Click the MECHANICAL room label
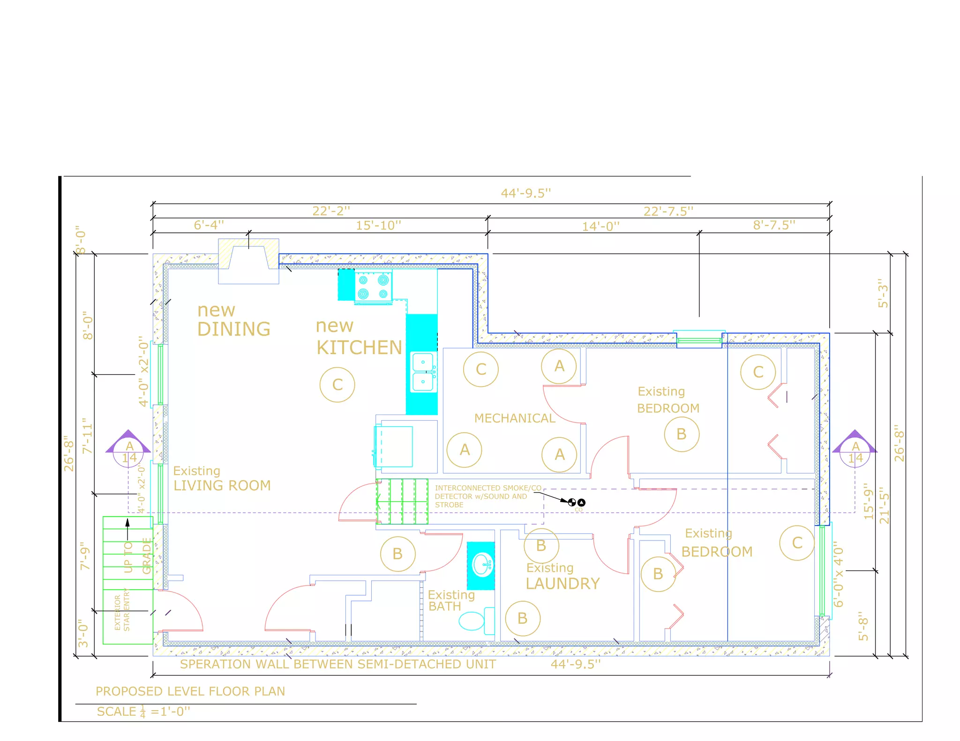point(514,418)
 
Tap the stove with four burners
point(373,287)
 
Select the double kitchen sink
point(423,372)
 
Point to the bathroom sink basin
point(483,565)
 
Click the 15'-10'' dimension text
point(378,225)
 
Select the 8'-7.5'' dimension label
point(774,225)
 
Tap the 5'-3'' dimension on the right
point(883,293)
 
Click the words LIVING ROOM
point(222,485)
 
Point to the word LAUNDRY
point(562,584)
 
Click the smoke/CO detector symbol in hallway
point(576,503)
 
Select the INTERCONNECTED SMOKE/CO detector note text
point(487,496)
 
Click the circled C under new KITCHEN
point(337,385)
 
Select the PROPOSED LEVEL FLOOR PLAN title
point(190,691)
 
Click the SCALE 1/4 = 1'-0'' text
point(143,711)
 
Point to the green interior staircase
point(402,501)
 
